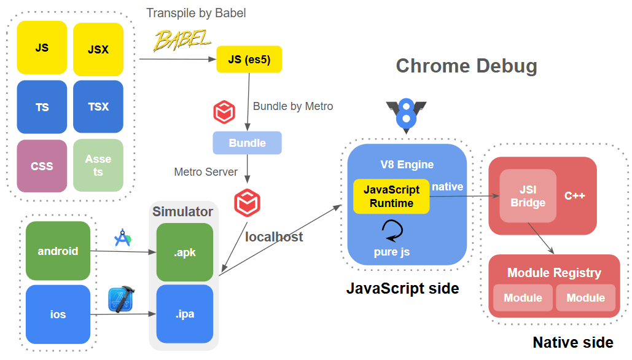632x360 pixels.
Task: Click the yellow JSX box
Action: point(98,49)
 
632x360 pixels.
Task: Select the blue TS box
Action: point(42,107)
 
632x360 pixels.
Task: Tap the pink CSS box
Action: point(42,166)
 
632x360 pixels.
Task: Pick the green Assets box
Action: point(98,166)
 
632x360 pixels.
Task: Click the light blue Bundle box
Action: point(247,143)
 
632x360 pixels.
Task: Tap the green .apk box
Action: point(185,252)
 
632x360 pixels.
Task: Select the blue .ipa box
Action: point(185,314)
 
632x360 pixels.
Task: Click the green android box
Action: point(58,251)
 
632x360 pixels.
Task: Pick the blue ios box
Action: point(58,315)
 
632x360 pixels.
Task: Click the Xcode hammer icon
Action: point(121,300)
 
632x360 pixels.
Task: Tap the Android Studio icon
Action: point(123,238)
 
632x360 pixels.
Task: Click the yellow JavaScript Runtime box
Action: point(391,197)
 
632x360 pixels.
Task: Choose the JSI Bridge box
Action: point(528,196)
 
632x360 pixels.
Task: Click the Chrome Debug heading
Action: point(466,66)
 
